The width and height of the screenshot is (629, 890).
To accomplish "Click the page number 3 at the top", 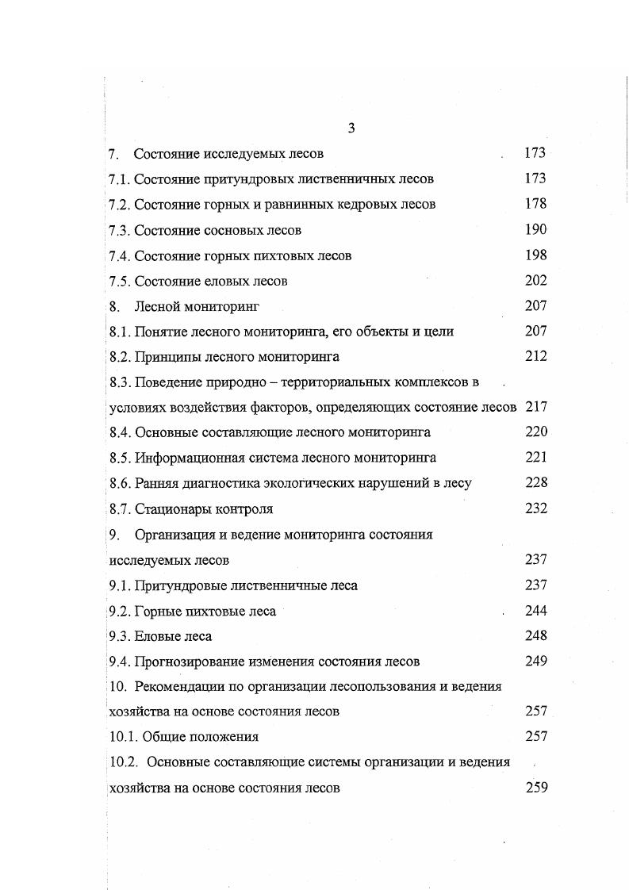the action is click(x=351, y=129).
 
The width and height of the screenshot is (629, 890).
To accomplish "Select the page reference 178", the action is click(x=535, y=204).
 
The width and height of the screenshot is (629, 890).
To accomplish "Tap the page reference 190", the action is click(x=535, y=229).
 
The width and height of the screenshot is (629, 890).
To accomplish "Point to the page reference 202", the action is click(x=535, y=280).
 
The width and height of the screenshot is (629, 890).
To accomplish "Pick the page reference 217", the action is click(x=535, y=407).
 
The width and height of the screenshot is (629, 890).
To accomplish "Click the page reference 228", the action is click(x=535, y=482).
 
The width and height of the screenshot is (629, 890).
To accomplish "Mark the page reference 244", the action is click(x=535, y=610).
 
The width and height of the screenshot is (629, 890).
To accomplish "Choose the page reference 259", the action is click(x=535, y=788).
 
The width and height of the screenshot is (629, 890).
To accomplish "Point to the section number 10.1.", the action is click(x=124, y=736).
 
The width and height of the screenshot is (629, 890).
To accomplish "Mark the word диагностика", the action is click(x=218, y=483).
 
